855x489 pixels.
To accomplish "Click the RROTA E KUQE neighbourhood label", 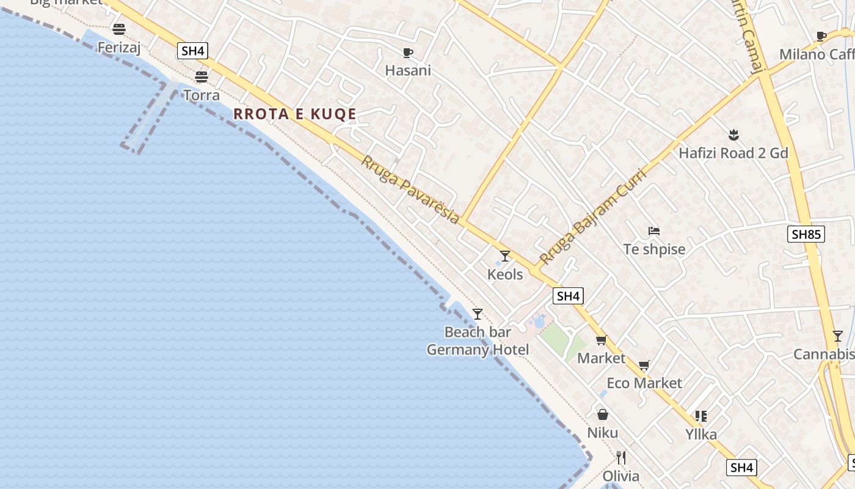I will pos(295,114).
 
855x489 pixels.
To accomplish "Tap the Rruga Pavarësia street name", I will pos(410,189).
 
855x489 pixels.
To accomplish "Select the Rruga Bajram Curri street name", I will pos(592,216).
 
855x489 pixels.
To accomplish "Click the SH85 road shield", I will pos(806,234).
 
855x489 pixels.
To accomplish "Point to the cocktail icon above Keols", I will pos(504,256).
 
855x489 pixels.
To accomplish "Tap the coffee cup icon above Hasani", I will pos(407,53).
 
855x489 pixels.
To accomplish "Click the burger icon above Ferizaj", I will pos(119,29).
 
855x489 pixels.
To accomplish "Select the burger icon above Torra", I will pos(202,77).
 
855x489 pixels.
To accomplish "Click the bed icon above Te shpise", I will pos(654,231).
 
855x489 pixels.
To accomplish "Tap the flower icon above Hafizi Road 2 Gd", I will pos(733,135).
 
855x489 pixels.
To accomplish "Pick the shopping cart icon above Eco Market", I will pos(644,366).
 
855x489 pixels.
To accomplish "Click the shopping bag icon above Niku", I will pos(603,415).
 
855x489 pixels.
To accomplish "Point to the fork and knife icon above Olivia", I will pos(621,458).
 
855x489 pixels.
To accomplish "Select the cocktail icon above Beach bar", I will pos(478,314).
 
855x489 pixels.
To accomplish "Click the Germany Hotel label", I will pos(478,350).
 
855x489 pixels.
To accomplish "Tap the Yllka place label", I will pos(701,435).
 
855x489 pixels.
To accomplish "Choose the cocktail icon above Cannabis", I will pos(838,336).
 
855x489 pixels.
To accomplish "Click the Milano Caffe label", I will pos(817,54).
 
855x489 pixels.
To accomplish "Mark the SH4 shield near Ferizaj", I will pos(192,51).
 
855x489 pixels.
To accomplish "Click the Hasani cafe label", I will pos(408,70).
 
